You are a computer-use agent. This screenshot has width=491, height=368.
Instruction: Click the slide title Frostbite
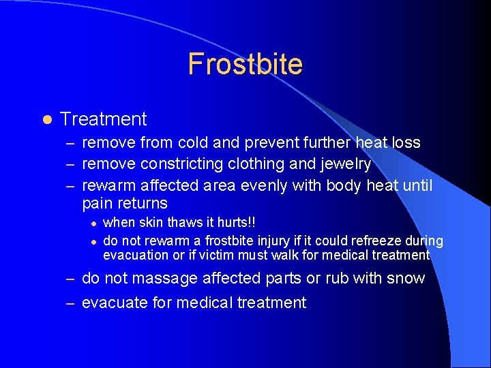click(x=245, y=64)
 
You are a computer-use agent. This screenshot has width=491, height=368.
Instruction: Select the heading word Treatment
click(x=104, y=119)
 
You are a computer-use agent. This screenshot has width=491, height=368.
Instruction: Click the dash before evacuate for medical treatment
click(x=70, y=303)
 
